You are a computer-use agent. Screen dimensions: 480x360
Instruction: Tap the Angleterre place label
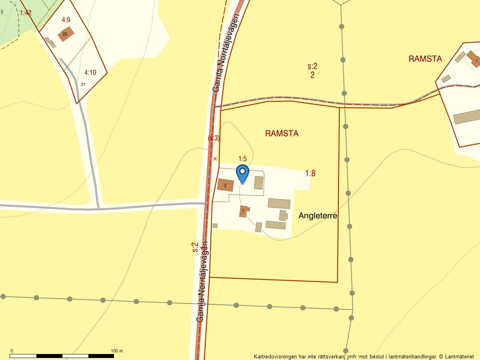coord(318,216)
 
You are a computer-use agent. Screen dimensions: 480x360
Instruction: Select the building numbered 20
coord(66,34)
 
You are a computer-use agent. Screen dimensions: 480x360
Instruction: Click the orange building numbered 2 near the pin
coord(226,185)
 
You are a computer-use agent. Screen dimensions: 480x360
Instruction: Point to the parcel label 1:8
coord(310,173)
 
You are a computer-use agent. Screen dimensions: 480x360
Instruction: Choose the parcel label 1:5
coord(242,159)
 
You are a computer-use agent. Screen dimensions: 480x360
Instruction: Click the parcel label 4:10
coord(90,72)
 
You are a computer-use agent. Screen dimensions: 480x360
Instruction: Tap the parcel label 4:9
coord(66,20)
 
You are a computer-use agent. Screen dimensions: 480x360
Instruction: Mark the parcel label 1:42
coord(26,13)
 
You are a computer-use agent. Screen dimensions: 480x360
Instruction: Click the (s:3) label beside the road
coord(214,138)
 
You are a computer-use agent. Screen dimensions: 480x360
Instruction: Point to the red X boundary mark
coord(215,159)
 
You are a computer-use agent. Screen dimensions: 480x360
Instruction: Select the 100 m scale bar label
coord(117,351)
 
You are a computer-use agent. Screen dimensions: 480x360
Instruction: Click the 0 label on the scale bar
coord(11,351)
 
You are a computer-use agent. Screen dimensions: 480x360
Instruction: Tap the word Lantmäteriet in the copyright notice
coord(459,356)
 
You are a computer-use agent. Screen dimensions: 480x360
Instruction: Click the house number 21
coord(83,84)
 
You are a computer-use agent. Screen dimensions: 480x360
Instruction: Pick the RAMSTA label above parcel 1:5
coord(282,134)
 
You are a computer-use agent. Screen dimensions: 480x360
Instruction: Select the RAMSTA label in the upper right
coord(425,59)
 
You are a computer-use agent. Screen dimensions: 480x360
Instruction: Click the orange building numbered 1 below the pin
coord(243,211)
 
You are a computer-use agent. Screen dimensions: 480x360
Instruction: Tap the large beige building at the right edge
coord(467,116)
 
